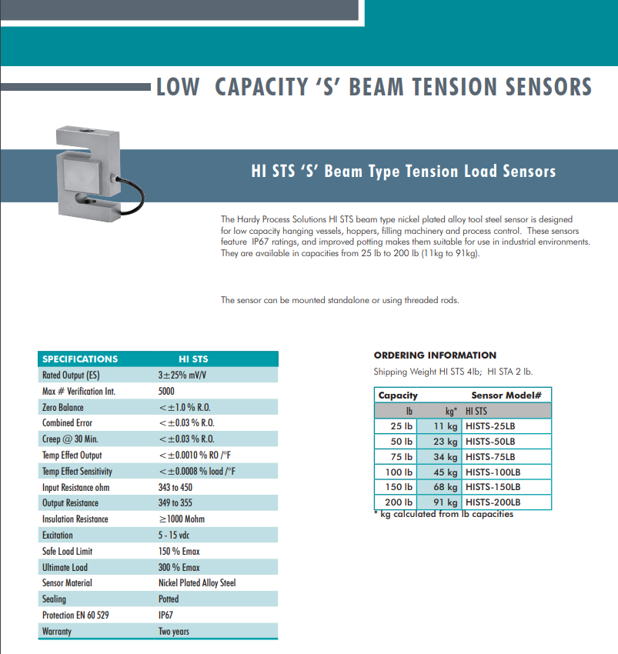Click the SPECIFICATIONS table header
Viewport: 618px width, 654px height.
[80, 359]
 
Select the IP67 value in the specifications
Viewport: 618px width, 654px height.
[165, 616]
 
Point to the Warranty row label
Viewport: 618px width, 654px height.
[56, 632]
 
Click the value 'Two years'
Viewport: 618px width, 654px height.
[173, 632]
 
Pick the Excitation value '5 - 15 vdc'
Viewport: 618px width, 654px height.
[175, 535]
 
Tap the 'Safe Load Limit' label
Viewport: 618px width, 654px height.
[67, 552]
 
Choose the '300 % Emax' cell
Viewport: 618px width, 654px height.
[179, 568]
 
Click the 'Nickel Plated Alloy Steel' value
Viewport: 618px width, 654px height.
[196, 583]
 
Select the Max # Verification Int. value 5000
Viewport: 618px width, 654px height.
[165, 392]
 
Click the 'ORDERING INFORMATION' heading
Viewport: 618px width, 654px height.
[435, 355]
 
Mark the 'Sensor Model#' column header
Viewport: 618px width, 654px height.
[506, 395]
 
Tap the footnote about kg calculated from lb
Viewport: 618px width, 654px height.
[443, 514]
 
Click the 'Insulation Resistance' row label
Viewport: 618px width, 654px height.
[75, 519]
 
